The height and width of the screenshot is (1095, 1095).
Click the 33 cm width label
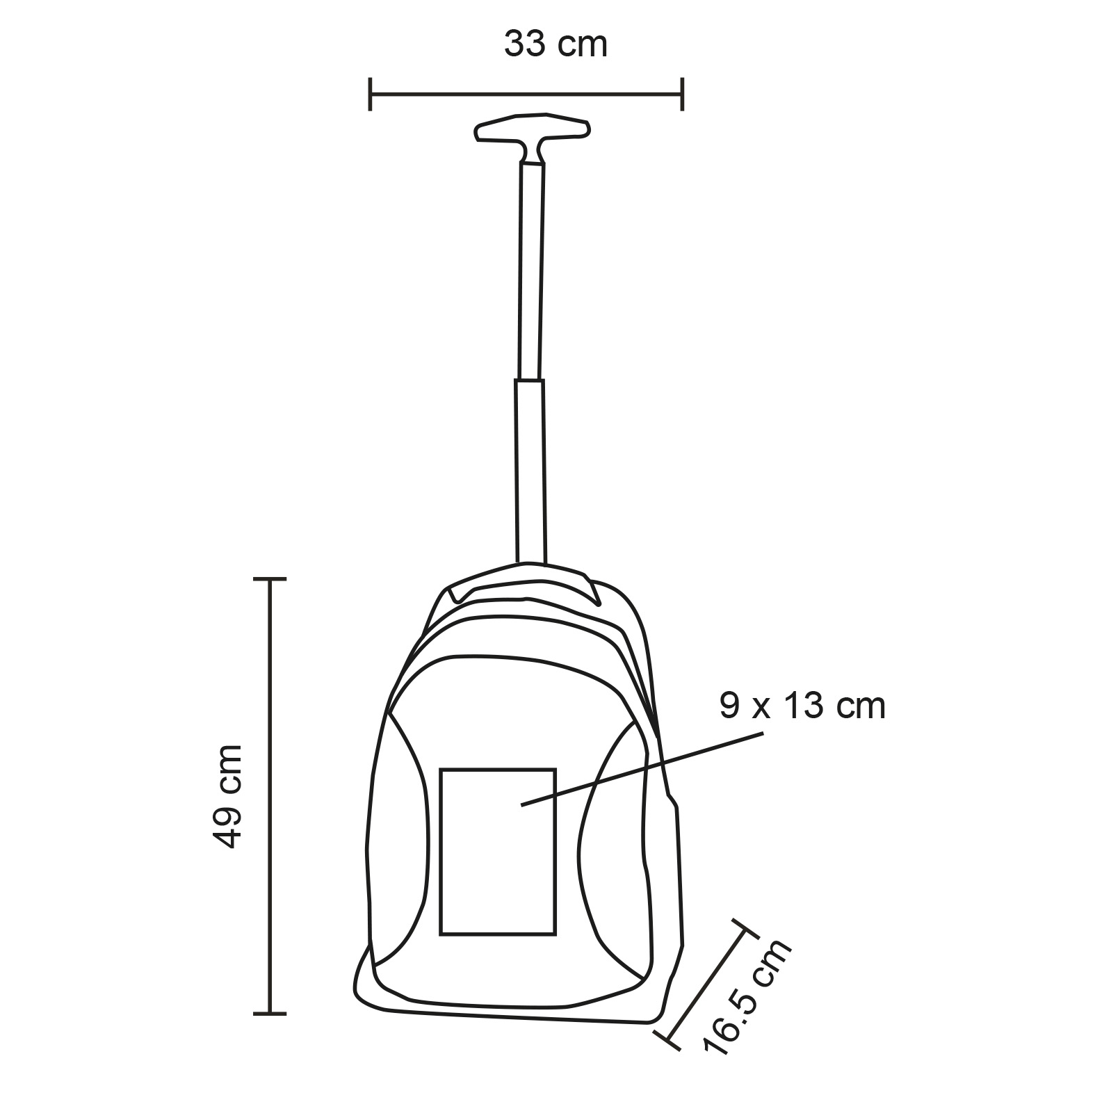click(x=555, y=44)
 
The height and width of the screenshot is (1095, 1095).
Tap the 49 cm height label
click(x=227, y=796)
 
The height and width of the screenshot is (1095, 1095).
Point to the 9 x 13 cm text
click(x=803, y=706)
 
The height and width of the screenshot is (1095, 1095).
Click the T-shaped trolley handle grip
click(x=533, y=138)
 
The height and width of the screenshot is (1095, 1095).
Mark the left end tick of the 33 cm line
click(x=370, y=94)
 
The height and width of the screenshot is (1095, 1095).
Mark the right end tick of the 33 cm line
click(x=683, y=94)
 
